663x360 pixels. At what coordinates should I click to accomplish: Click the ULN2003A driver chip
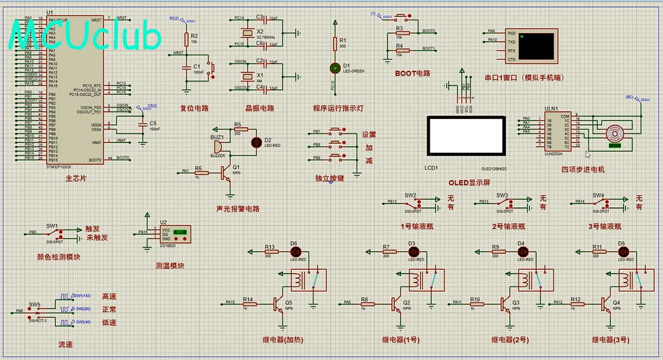click(x=557, y=132)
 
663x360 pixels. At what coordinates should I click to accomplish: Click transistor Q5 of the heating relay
click(x=278, y=303)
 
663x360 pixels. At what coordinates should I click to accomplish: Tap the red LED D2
click(x=257, y=141)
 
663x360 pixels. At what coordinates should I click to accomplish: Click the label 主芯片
click(x=76, y=179)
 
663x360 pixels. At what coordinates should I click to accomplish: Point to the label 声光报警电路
click(x=237, y=209)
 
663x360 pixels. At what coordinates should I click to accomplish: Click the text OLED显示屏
click(x=469, y=183)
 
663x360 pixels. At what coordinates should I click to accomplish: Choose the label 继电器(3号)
click(x=611, y=340)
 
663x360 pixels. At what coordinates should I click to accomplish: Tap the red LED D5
click(x=621, y=252)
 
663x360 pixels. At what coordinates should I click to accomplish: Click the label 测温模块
click(x=170, y=266)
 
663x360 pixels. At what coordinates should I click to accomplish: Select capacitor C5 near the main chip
click(x=144, y=125)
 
